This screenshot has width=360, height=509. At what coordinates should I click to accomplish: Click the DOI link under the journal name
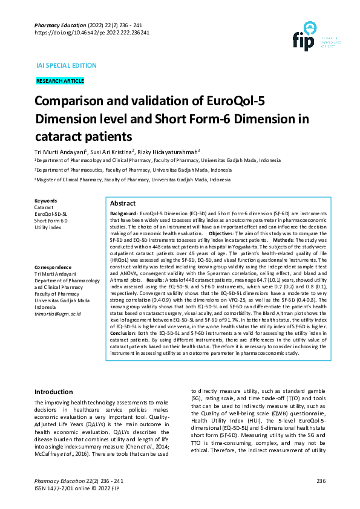point(92,33)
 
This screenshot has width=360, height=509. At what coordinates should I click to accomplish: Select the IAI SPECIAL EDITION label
point(66,65)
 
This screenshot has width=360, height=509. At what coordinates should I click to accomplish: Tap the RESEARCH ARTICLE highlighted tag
point(60,81)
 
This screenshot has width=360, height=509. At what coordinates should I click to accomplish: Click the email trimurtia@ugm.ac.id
point(57,314)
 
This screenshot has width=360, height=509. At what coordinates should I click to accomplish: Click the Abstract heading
point(123,204)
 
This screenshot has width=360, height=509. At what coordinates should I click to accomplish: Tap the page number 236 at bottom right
point(321,481)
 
